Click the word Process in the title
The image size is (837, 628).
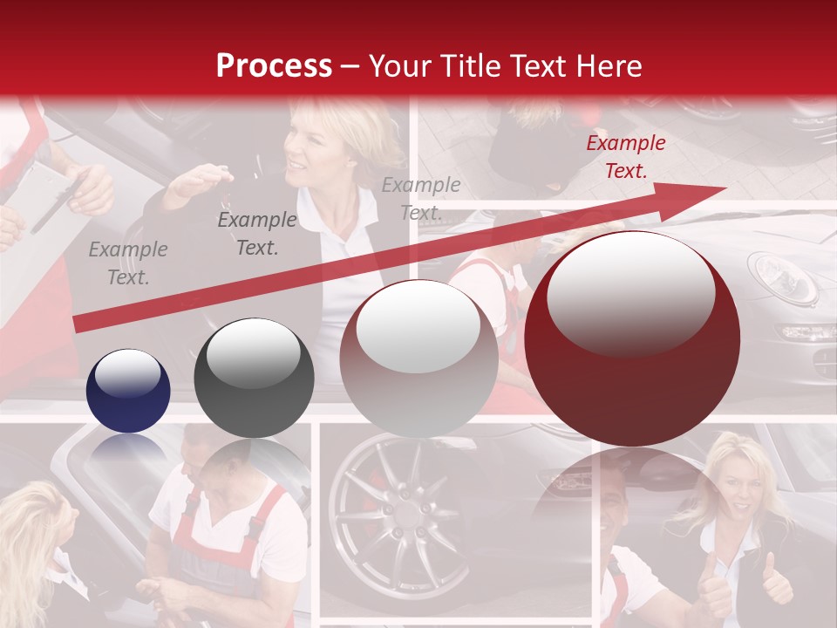pyautogui.click(x=274, y=66)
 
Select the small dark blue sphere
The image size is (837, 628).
pyautogui.click(x=128, y=391)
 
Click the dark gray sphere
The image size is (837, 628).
pyautogui.click(x=254, y=378)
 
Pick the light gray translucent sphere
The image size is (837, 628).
pyautogui.click(x=418, y=358)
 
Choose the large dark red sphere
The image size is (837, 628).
pyautogui.click(x=632, y=338)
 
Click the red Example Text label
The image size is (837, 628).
pyautogui.click(x=625, y=157)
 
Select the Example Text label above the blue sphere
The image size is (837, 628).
pyautogui.click(x=128, y=263)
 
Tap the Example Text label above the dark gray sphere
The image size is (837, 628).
pyautogui.click(x=256, y=234)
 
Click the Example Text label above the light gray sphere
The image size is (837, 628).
pyautogui.click(x=420, y=198)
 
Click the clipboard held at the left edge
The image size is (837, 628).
pyautogui.click(x=39, y=196)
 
